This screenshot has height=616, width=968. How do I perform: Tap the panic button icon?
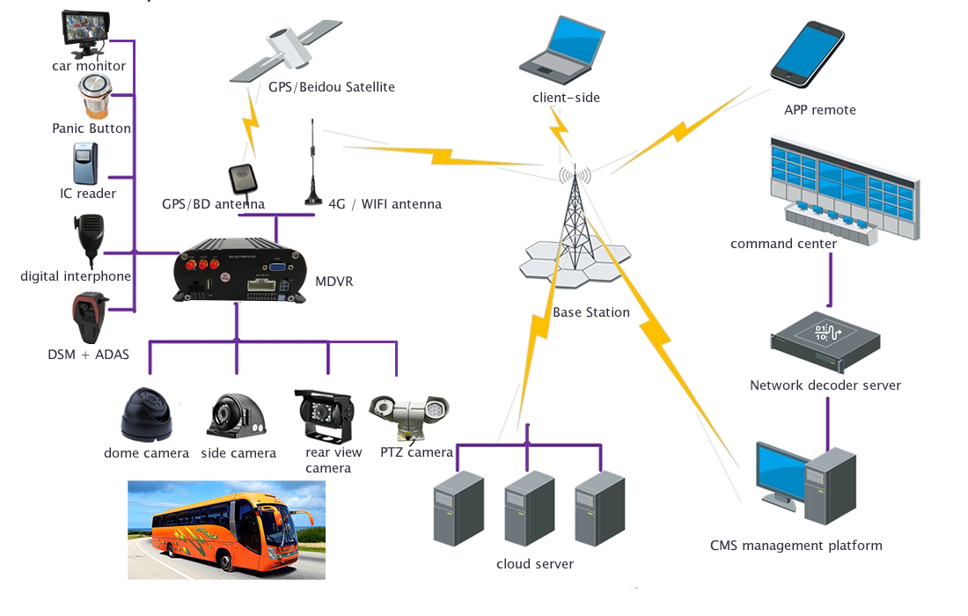[x=95, y=96]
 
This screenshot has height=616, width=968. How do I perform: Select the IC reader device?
[x=85, y=164]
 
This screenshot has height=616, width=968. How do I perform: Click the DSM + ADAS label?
[x=88, y=355]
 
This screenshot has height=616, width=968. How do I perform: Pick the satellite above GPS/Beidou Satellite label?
[x=286, y=51]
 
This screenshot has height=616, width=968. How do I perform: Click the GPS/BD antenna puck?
[x=243, y=179]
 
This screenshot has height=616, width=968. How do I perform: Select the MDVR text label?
[x=334, y=282]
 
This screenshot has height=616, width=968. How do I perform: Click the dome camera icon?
[x=146, y=414]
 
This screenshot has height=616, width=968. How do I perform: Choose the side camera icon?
[x=236, y=416]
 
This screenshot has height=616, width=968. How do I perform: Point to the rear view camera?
[x=325, y=416]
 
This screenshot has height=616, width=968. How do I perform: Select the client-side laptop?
[x=562, y=50]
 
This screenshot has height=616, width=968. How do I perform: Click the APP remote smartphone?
[x=807, y=55]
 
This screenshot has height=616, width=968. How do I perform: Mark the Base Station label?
[x=591, y=312]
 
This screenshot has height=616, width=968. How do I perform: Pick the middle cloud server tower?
[x=529, y=508]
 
